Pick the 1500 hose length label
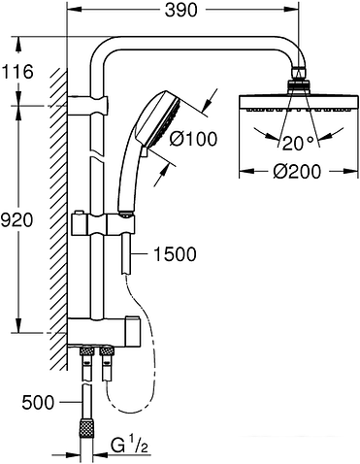tap(176, 254)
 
